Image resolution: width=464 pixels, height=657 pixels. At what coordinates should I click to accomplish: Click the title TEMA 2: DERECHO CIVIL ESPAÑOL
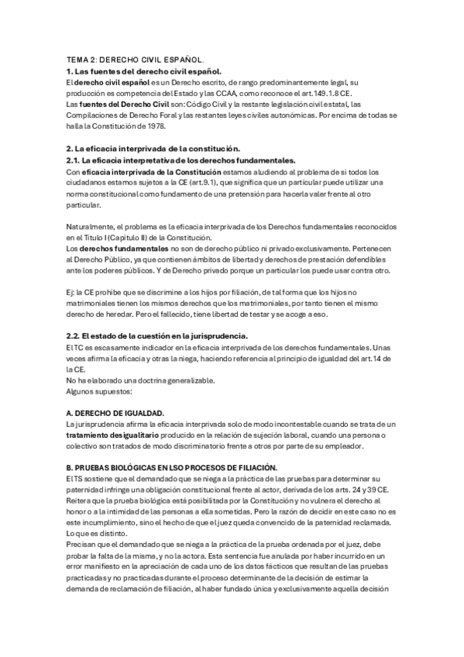click(x=136, y=59)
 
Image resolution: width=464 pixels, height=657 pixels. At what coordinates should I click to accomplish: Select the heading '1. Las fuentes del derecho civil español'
click(x=143, y=71)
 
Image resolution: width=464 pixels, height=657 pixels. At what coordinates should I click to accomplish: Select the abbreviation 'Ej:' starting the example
click(x=71, y=291)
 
